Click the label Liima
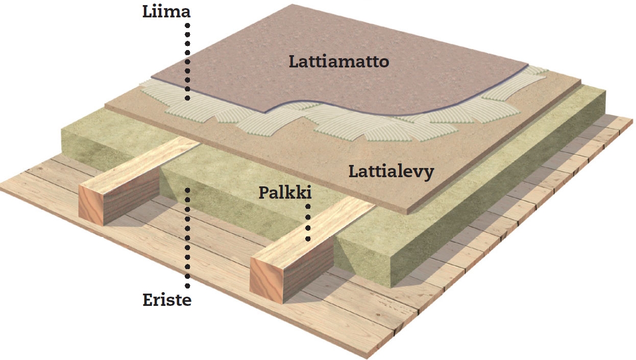pyautogui.click(x=166, y=12)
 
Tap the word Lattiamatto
pyautogui.click(x=339, y=62)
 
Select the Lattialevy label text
pyautogui.click(x=392, y=172)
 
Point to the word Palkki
pyautogui.click(x=285, y=193)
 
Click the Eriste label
pyautogui.click(x=167, y=300)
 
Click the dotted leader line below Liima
pyautogui.click(x=187, y=62)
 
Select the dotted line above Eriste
pyautogui.click(x=187, y=238)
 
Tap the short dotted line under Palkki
pyautogui.click(x=308, y=223)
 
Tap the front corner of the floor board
pyautogui.click(x=408, y=212)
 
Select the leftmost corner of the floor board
pyautogui.click(x=105, y=106)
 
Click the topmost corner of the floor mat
pyautogui.click(x=292, y=5)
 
